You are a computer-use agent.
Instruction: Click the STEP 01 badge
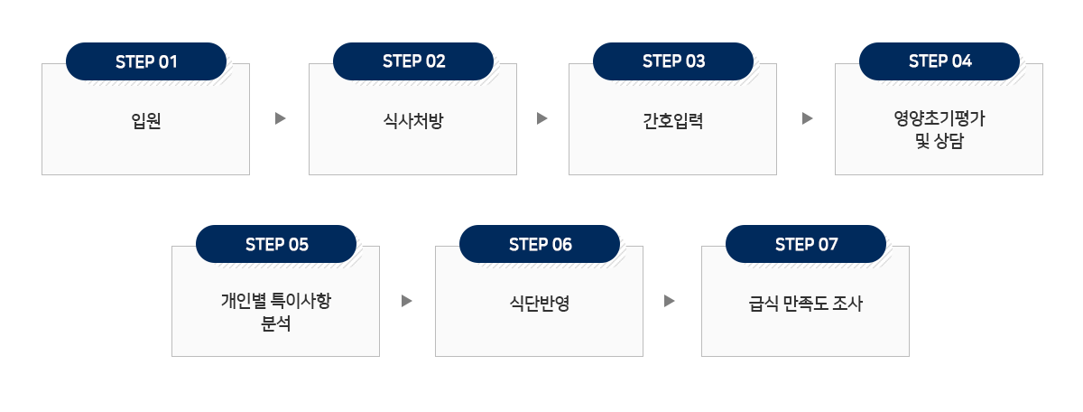[x=146, y=61]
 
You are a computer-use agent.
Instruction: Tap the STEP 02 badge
[x=413, y=61]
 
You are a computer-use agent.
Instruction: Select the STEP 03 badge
[x=673, y=61]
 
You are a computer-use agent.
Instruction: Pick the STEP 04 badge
[x=940, y=61]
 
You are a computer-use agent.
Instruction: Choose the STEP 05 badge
[x=276, y=244]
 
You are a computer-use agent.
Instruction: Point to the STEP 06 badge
[x=540, y=244]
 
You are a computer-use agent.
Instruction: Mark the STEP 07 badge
[x=806, y=244]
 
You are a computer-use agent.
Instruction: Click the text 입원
[x=146, y=121]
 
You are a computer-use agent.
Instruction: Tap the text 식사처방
[x=412, y=121]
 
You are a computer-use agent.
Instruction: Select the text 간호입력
[x=672, y=121]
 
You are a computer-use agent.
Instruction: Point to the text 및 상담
[x=939, y=141]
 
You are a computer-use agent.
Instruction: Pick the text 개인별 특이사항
[x=275, y=300]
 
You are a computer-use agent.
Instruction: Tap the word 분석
[x=275, y=323]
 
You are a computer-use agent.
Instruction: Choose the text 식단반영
[x=539, y=304]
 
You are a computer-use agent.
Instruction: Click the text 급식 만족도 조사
[x=805, y=304]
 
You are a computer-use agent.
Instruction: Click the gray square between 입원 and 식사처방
[x=281, y=118]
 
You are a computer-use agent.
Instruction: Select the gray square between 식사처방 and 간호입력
[x=542, y=118]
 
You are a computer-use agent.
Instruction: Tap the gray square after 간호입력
[x=808, y=118]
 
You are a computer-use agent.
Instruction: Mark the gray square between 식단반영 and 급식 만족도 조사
[x=670, y=301]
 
